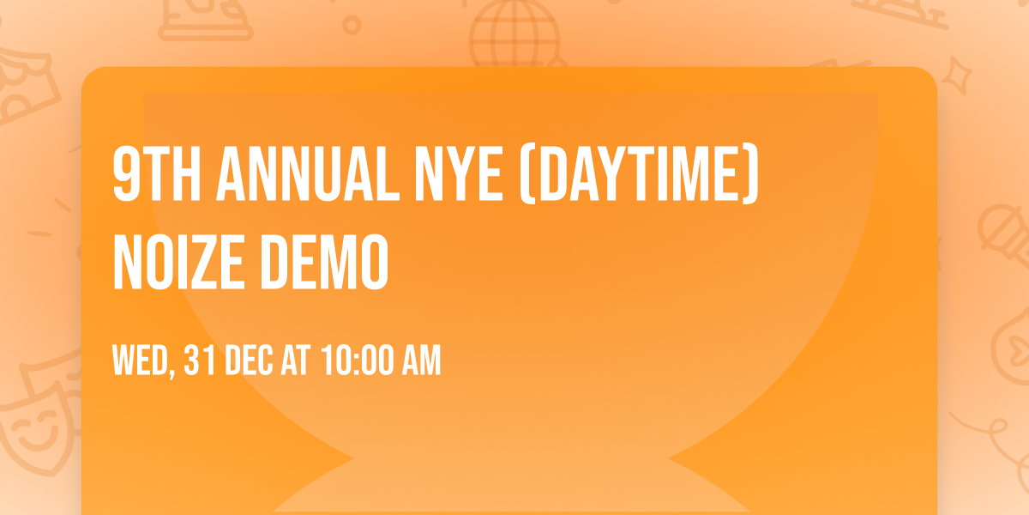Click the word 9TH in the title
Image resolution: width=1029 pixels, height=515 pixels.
(x=156, y=175)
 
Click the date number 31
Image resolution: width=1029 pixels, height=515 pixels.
(x=199, y=360)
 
